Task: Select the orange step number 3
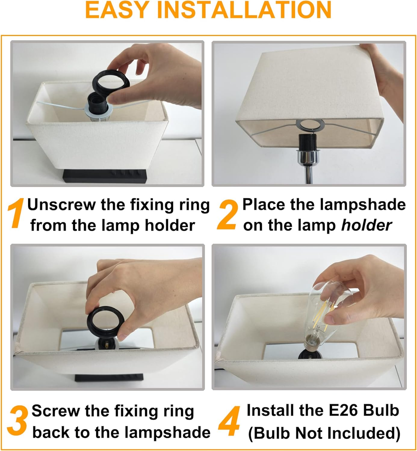point(17,421)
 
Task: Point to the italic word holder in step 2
point(366,226)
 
